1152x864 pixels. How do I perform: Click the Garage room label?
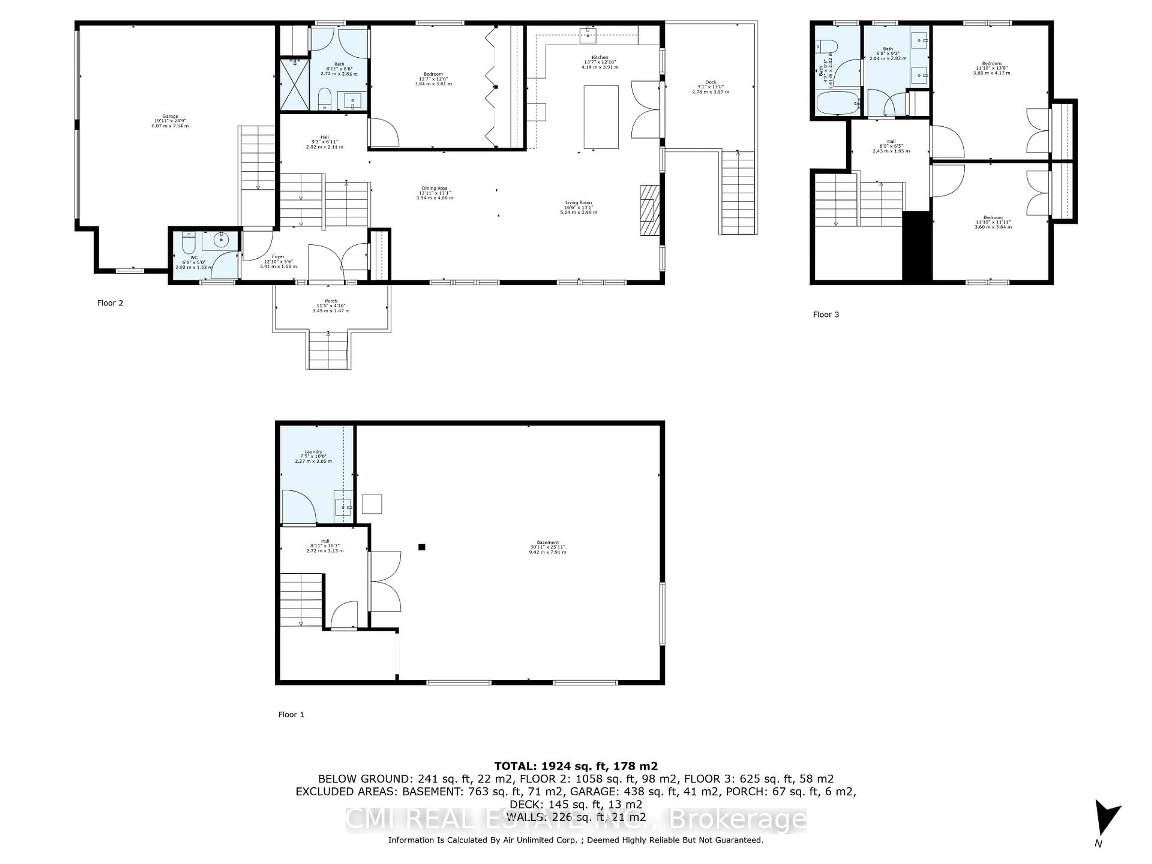pyautogui.click(x=170, y=121)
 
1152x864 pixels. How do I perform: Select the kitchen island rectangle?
pyautogui.click(x=601, y=117)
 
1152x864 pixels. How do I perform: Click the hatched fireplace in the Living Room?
pyautogui.click(x=649, y=210)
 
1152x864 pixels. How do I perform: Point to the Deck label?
pyautogui.click(x=710, y=86)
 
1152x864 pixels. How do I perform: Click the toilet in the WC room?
pyautogui.click(x=188, y=243)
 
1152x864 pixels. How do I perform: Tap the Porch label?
pyautogui.click(x=331, y=306)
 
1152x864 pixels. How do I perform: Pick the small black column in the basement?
pyautogui.click(x=422, y=547)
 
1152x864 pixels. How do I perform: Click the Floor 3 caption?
pyautogui.click(x=826, y=315)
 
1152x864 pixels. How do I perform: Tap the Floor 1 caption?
pyautogui.click(x=291, y=715)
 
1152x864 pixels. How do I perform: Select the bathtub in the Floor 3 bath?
pyautogui.click(x=837, y=103)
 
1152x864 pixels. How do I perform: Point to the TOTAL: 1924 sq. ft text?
pyautogui.click(x=575, y=766)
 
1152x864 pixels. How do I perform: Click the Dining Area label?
pyautogui.click(x=434, y=193)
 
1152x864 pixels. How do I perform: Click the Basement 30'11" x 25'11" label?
pyautogui.click(x=547, y=547)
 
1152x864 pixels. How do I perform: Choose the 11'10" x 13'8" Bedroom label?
pyautogui.click(x=991, y=68)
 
